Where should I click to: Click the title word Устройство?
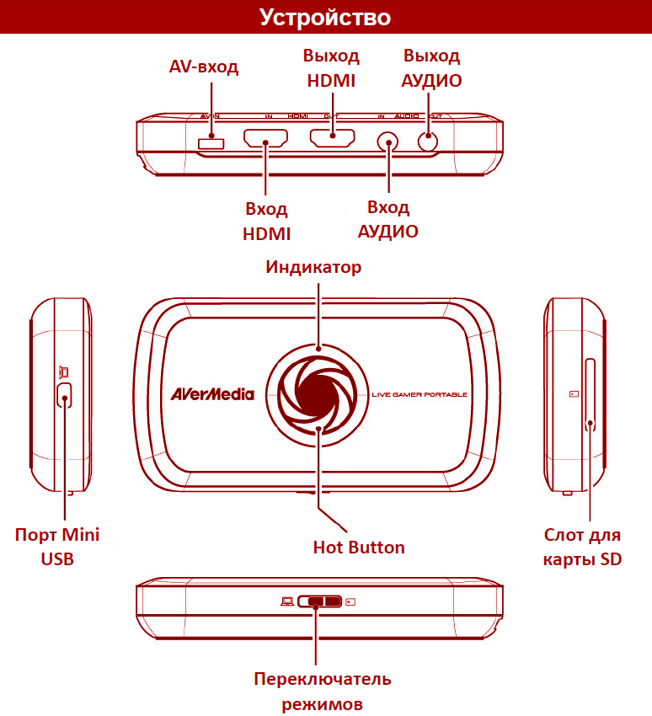pos(325,17)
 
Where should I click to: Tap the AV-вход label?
pos(204,67)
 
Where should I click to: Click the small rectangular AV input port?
pos(211,144)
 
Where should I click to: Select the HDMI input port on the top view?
pos(265,140)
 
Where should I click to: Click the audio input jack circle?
pos(389,142)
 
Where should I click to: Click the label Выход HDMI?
pos(331,68)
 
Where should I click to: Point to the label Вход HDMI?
pos(266,221)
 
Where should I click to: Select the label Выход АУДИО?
pos(431,68)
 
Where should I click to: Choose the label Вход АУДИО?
pos(388,219)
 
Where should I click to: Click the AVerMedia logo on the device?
pos(211,393)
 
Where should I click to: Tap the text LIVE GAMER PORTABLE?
pos(419,394)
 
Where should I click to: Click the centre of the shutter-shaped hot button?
pos(318,388)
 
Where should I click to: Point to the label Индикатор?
pos(313,268)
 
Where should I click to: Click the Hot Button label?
pos(359,548)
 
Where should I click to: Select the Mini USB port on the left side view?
pos(64,394)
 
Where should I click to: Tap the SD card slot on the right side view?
pos(590,394)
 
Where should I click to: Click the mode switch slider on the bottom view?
pos(317,602)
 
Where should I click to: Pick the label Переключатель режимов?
pos(323,691)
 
